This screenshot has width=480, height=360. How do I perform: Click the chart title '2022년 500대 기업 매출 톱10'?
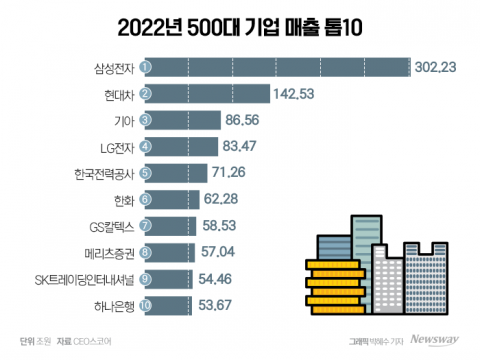click(240, 25)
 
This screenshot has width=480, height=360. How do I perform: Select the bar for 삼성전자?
click(274, 67)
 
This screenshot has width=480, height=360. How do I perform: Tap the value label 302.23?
click(436, 68)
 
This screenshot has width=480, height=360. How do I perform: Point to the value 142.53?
click(297, 94)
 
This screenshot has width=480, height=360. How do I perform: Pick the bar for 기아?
click(179, 120)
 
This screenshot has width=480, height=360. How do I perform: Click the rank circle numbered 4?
click(145, 146)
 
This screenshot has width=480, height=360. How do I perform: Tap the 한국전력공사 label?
click(101, 172)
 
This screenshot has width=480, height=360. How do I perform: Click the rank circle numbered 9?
click(145, 277)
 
